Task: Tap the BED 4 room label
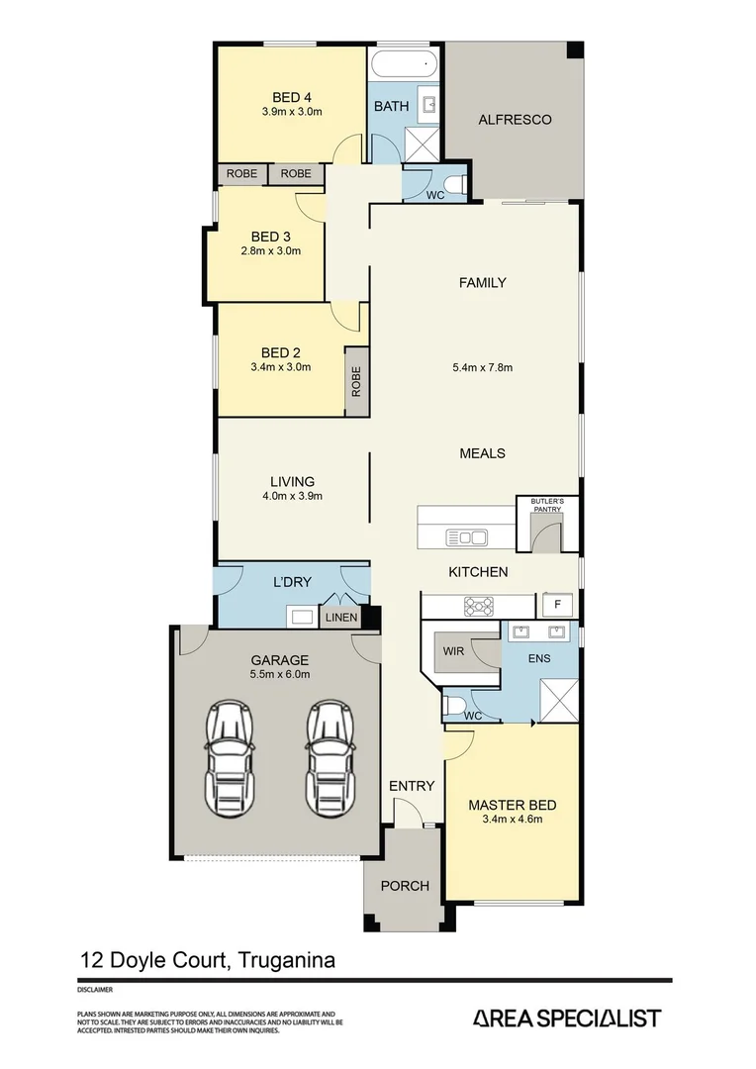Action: coord(292,97)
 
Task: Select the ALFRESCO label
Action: coord(515,120)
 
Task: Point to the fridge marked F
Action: coord(557,604)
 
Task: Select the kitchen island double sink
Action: coord(466,537)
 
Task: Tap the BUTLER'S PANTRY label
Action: coord(547,506)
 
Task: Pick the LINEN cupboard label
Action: coord(341,619)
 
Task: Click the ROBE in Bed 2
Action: coord(356,382)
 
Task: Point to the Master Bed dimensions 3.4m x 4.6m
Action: coord(512,819)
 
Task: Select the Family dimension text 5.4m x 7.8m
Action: coord(482,368)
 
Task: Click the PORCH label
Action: coord(405,886)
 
